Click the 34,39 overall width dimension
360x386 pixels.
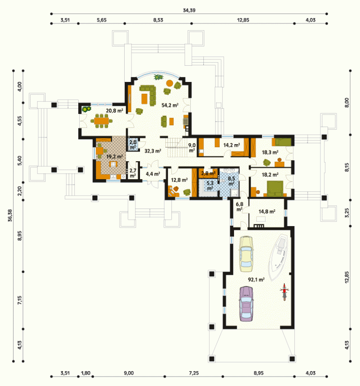tap(189, 10)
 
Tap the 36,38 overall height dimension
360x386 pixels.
tap(10, 215)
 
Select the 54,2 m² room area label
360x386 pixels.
tap(170, 105)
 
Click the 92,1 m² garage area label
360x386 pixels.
tap(256, 279)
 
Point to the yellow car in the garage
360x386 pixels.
tap(246, 254)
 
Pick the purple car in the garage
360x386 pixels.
tap(247, 304)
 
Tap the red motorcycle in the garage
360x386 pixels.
tap(284, 292)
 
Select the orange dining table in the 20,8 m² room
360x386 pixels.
tap(101, 121)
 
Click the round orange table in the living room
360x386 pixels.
tap(170, 83)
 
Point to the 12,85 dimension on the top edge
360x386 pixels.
tap(243, 20)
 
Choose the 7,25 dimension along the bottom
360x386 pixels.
tap(194, 373)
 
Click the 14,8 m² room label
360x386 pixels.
tap(267, 211)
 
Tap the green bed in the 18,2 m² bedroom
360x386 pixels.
tap(275, 189)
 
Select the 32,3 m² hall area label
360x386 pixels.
tap(153, 151)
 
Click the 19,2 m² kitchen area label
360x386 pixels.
tap(114, 156)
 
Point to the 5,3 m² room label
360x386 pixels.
tap(210, 186)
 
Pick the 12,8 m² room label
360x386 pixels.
tap(179, 180)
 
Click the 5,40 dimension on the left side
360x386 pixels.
tap(20, 160)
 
